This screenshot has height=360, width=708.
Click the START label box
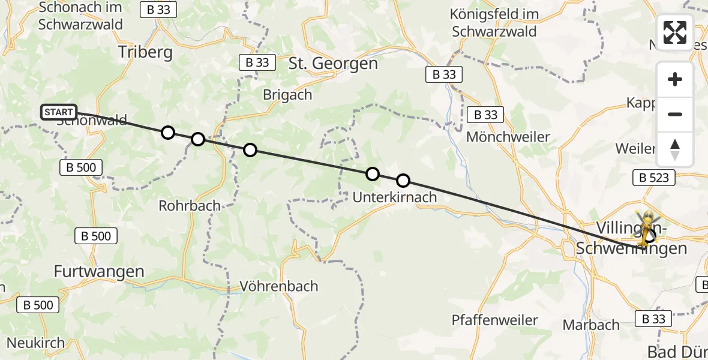pos(59,112)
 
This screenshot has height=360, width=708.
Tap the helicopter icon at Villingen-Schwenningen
pos(649,228)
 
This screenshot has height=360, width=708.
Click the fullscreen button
pos(675,32)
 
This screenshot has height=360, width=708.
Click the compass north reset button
pos(675,149)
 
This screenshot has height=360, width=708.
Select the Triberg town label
pos(145,52)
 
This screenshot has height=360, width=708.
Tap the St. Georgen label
pos(334,64)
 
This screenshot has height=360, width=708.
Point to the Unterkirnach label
pos(394,197)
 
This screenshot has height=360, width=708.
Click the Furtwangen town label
pos(99,271)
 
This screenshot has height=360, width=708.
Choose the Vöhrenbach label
pos(278,286)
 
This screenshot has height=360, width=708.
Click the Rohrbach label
pos(190,206)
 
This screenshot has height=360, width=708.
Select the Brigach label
pos(287,94)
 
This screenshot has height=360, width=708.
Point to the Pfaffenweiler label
pos(495,320)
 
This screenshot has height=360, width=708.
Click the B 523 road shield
pos(654,178)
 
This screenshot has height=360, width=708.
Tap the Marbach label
pos(591,325)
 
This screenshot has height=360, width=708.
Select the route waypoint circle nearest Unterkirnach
pos(403,180)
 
